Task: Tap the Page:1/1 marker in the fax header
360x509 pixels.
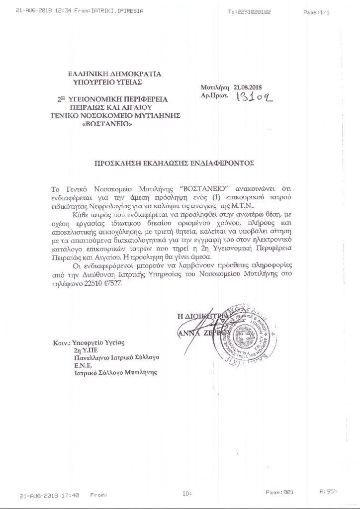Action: pyautogui.click(x=318, y=10)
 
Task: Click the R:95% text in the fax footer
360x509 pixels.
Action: pyautogui.click(x=328, y=492)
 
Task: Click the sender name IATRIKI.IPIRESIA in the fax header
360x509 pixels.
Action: pyautogui.click(x=108, y=10)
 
